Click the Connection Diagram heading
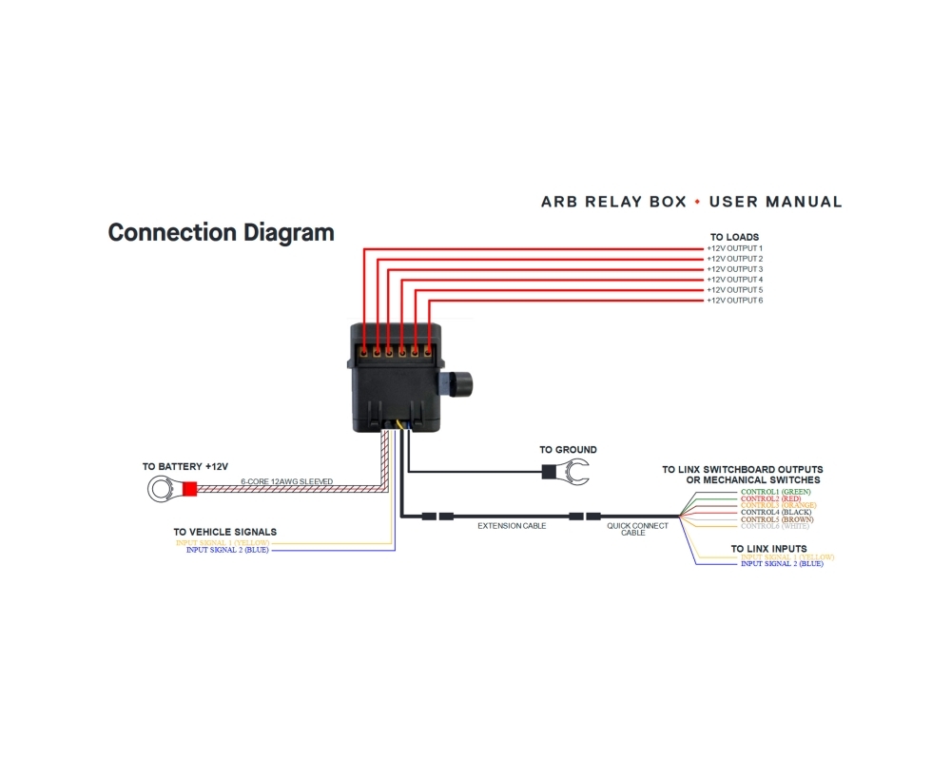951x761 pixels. tap(221, 232)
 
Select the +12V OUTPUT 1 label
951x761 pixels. tap(734, 248)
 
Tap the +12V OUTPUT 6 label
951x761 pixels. tap(734, 301)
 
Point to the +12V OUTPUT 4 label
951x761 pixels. tap(734, 280)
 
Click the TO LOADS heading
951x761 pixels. tap(734, 237)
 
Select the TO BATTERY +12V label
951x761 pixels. tap(185, 467)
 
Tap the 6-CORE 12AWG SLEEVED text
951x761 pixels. tap(286, 482)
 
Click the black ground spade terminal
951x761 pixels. tap(568, 470)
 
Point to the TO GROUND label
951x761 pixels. tap(568, 450)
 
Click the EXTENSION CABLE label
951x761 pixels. tap(512, 526)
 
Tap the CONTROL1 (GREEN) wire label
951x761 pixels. tap(775, 492)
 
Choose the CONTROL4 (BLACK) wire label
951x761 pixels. tap(775, 513)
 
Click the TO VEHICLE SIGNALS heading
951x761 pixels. tap(224, 532)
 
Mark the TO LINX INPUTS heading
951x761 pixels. tap(768, 549)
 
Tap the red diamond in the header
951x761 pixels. tap(697, 202)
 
